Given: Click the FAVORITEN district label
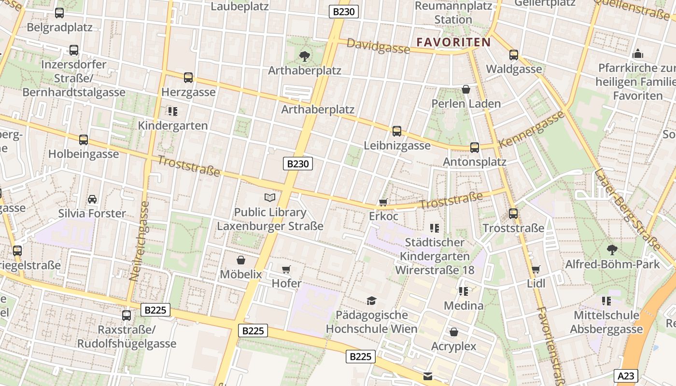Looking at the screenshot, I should pos(453,42).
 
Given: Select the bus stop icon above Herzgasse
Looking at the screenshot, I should pos(188,77).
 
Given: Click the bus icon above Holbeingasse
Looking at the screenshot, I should pos(84,140).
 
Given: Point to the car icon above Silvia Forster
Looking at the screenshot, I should pos(92,199).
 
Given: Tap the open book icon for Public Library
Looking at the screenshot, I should pos(270,197).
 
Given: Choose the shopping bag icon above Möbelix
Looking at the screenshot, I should pos(240,261).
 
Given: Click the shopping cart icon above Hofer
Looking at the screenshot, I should pos(286,269).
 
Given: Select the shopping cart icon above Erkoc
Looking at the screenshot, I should pos(383,202).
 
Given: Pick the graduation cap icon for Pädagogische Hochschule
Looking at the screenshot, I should pos(371,301).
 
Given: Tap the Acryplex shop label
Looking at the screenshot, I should pos(453,346).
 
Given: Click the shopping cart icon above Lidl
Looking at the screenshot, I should pos(535,270).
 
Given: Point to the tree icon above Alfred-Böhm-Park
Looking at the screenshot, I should pos(612,250).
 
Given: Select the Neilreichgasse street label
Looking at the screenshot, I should pos(139,241).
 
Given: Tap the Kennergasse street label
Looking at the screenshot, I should pos(532,129).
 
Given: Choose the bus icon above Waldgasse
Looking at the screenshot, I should pos(513,55).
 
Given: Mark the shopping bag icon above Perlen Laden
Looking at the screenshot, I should pos(466,89).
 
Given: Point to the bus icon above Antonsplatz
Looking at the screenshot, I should pos(475,148).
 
